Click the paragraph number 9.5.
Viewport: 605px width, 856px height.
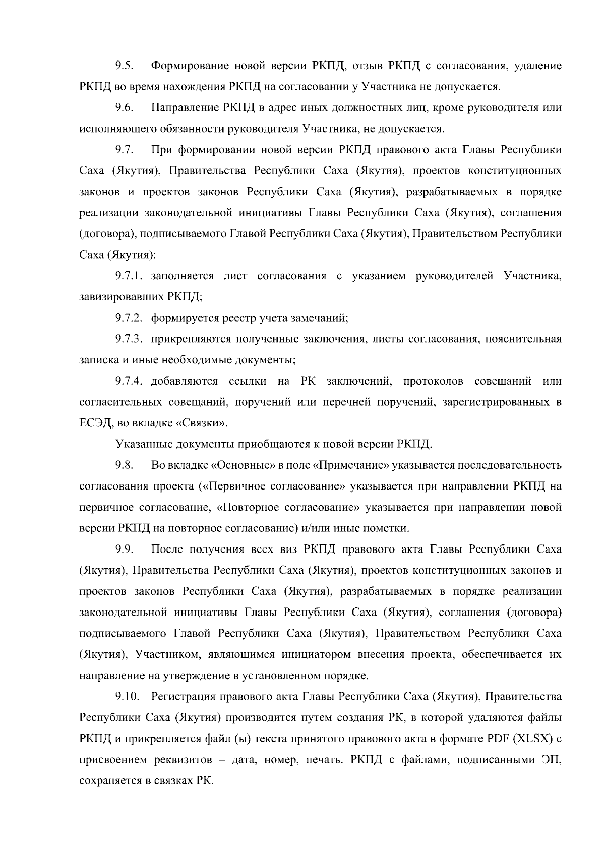click(124, 66)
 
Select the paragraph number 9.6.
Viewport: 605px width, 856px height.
click(124, 107)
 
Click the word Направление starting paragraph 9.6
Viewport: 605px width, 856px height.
click(184, 107)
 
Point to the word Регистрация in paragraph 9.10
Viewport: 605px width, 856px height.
click(184, 697)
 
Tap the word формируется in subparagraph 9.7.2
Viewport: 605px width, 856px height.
click(178, 318)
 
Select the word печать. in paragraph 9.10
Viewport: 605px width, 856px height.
click(325, 760)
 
